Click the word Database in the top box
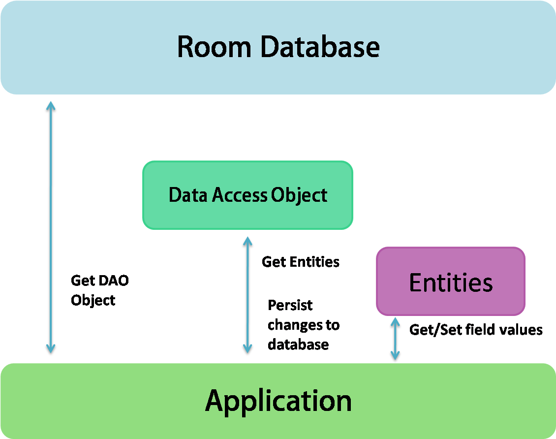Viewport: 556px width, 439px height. [x=320, y=47]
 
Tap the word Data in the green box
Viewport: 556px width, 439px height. [x=188, y=195]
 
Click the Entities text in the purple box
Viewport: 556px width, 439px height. [x=451, y=282]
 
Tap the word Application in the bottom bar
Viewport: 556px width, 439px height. [x=278, y=401]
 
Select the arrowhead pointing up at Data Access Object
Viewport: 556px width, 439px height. [x=247, y=241]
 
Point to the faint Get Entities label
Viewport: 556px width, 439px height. [x=300, y=261]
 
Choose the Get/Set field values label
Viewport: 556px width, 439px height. [x=476, y=330]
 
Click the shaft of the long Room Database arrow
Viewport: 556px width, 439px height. [x=51, y=226]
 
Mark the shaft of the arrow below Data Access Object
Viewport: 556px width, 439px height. [x=247, y=295]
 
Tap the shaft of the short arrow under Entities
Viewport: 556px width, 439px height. [x=395, y=339]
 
